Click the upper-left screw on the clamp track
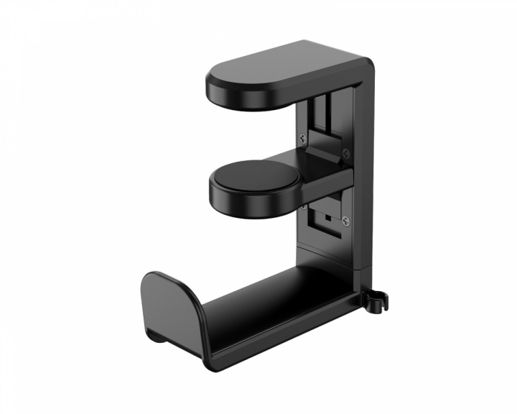[303, 138]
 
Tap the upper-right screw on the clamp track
[346, 152]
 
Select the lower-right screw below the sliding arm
[346, 220]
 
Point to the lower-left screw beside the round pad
[303, 206]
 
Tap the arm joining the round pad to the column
[323, 176]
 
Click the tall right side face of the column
[365, 180]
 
